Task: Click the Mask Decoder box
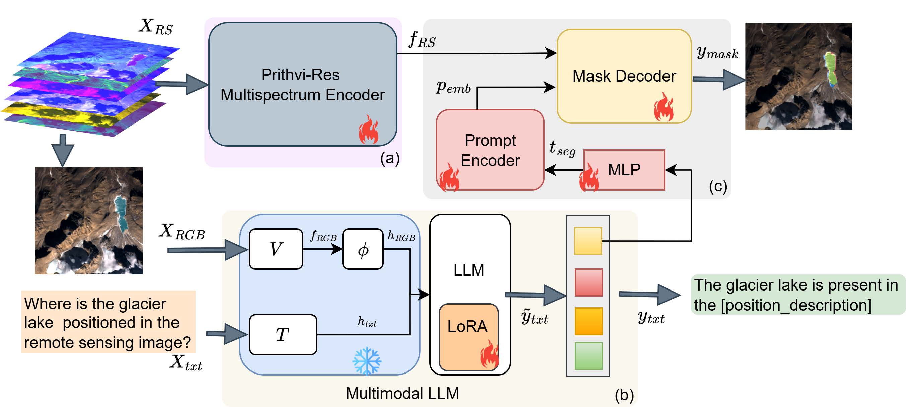[x=624, y=76]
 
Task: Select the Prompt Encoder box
[x=490, y=150]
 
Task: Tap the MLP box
[x=624, y=170]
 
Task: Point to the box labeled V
[x=276, y=249]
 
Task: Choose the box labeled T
[x=283, y=334]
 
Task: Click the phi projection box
[x=363, y=249]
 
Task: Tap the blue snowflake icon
[x=366, y=361]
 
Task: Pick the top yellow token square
[x=588, y=241]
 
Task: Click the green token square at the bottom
[x=588, y=355]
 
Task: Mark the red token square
[x=588, y=282]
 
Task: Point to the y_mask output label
[x=717, y=53]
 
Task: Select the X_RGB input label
[x=182, y=232]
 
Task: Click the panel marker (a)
[x=390, y=158]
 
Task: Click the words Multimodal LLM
[x=402, y=393]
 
